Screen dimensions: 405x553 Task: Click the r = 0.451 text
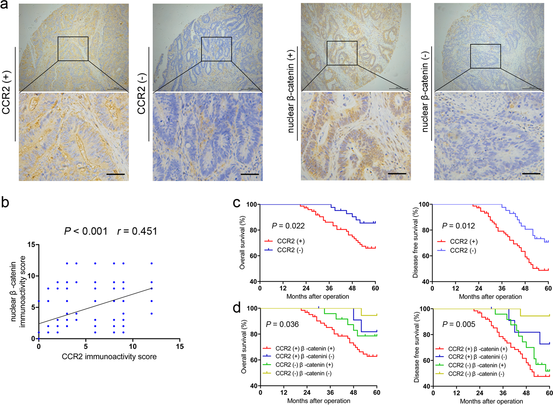[137, 231]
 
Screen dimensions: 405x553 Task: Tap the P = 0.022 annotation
[288, 226]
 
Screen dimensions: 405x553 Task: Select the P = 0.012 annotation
[458, 226]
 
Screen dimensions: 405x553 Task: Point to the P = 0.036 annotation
[282, 324]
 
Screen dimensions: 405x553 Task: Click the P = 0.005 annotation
[458, 324]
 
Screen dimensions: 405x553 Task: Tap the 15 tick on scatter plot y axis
[31, 245]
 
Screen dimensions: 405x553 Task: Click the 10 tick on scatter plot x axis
[132, 346]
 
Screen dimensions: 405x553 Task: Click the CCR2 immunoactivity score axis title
[109, 357]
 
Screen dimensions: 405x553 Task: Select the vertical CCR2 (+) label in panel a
[6, 93]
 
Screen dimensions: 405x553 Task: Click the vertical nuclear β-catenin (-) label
[425, 92]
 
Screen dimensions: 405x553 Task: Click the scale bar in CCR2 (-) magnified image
[249, 174]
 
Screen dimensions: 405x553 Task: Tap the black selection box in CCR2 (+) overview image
[73, 49]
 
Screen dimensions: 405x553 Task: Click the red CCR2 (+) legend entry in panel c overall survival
[284, 241]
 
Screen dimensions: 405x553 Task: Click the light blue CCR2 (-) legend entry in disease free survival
[457, 250]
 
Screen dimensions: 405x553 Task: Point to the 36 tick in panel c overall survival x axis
[329, 288]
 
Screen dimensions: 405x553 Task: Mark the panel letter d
[236, 307]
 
